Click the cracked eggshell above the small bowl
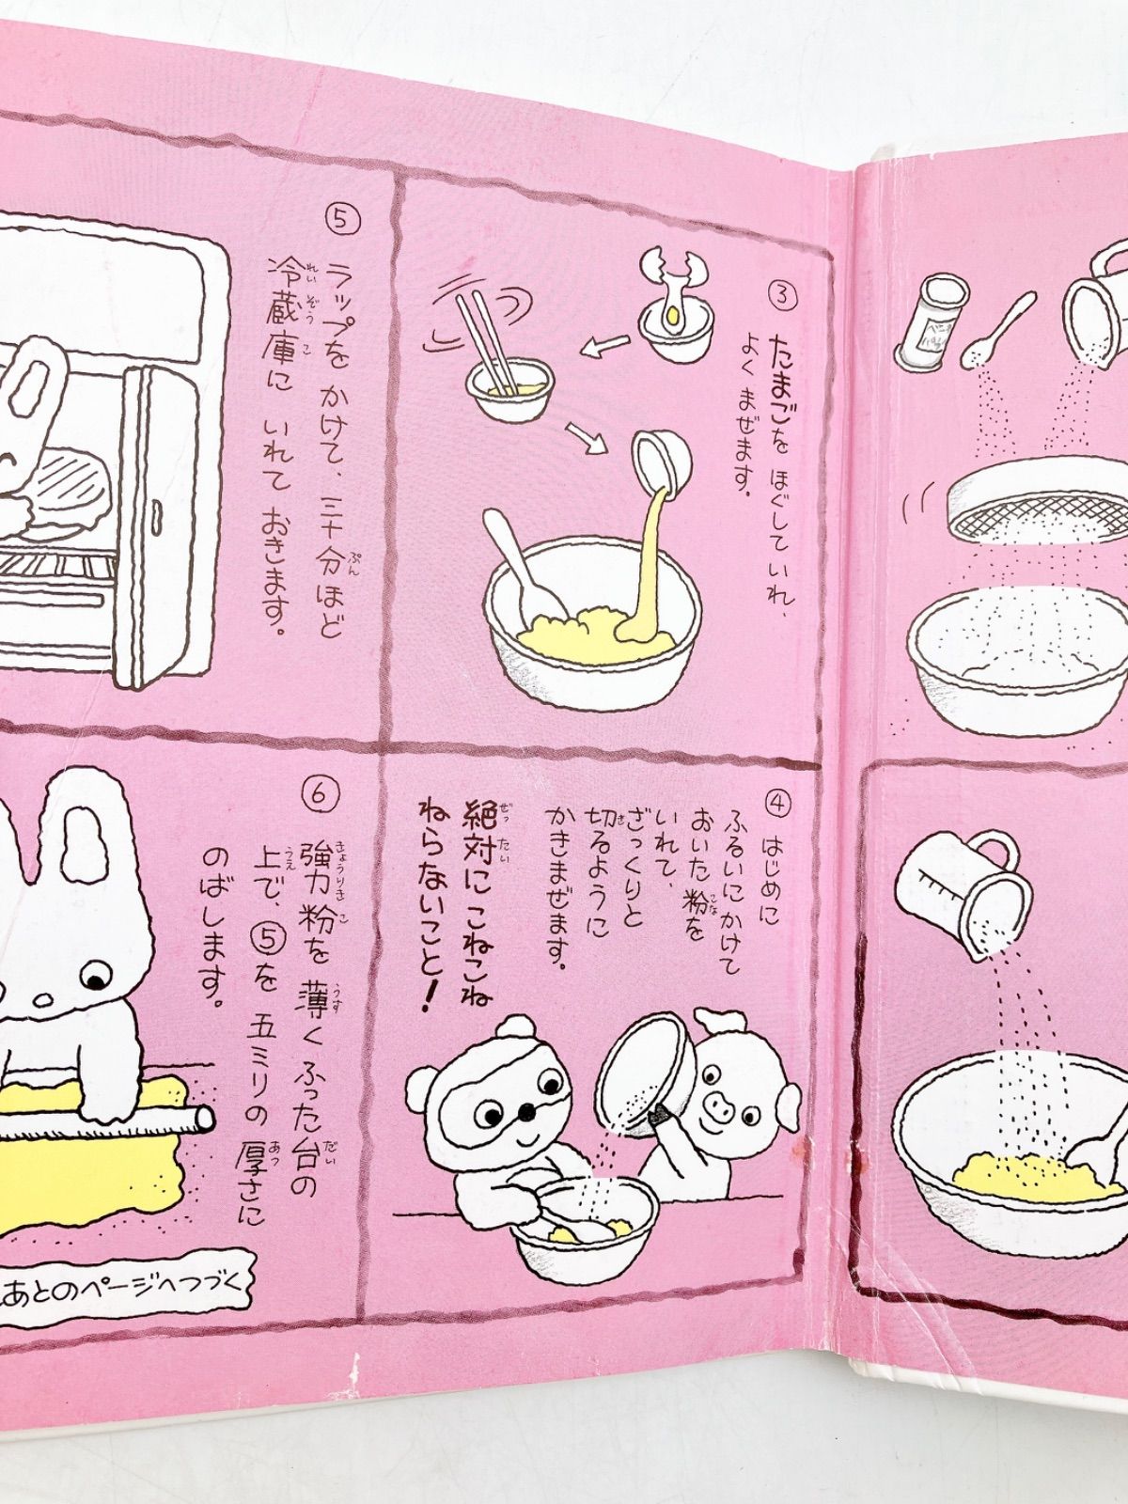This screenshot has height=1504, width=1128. coord(671,274)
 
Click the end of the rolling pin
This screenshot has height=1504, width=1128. coord(203,1118)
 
